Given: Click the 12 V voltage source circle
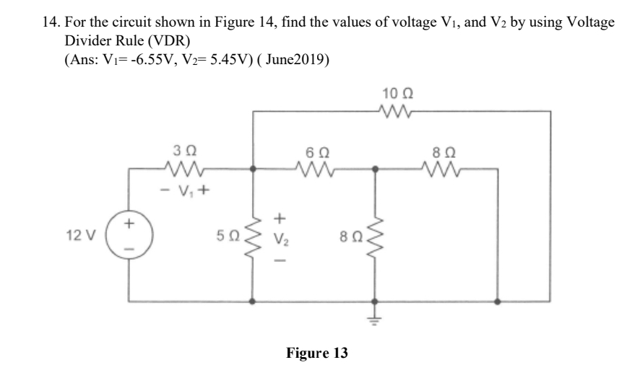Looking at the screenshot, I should (x=130, y=235).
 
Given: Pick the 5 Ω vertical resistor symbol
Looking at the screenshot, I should (x=251, y=235).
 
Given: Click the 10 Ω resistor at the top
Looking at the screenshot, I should (x=397, y=112).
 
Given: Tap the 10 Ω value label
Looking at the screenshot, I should (x=397, y=94).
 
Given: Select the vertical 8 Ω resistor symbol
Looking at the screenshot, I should (x=373, y=235).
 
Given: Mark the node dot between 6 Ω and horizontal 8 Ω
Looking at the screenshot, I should (x=373, y=171).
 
